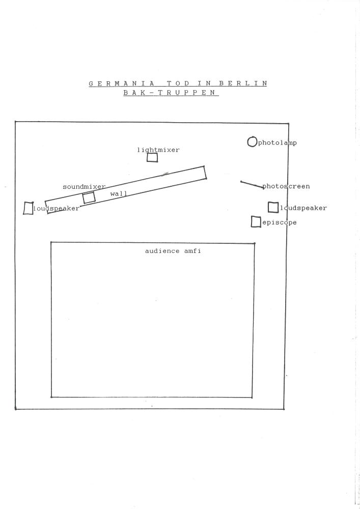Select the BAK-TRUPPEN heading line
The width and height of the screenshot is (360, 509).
[171, 93]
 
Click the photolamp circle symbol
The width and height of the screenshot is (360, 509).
[252, 142]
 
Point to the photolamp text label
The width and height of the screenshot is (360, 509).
[278, 143]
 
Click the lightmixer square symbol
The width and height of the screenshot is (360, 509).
[152, 157]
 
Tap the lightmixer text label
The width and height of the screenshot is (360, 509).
[158, 150]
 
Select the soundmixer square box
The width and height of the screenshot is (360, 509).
[89, 197]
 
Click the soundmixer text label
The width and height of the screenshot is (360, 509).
[84, 187]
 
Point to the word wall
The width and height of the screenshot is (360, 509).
[119, 194]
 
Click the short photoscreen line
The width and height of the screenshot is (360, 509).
[252, 184]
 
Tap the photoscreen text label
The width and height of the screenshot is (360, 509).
[286, 186]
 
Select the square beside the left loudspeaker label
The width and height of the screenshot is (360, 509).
[29, 208]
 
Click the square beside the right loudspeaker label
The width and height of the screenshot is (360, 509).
[273, 207]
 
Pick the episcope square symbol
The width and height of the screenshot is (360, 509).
[256, 222]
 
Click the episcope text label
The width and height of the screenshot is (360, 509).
[280, 222]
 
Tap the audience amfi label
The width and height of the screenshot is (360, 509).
[173, 251]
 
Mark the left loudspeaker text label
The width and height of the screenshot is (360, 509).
[57, 209]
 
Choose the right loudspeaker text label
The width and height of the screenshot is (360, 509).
[303, 208]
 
